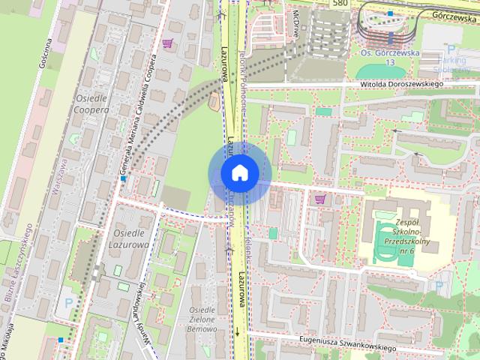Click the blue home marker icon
click(239, 173)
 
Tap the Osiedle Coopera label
click(92, 103)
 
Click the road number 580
click(341, 3)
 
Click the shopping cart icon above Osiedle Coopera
click(166, 43)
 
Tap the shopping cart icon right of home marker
click(321, 199)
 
